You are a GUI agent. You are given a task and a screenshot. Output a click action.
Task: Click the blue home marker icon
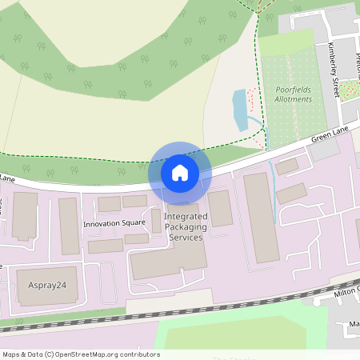pyautogui.click(x=180, y=172)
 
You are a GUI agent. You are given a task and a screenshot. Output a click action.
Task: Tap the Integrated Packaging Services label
pyautogui.click(x=186, y=227)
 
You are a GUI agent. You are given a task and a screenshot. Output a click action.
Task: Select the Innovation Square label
pyautogui.click(x=114, y=224)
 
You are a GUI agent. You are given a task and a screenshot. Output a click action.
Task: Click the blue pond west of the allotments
pyautogui.click(x=240, y=110)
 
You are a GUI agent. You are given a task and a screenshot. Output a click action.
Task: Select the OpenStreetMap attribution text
pyautogui.click(x=81, y=354)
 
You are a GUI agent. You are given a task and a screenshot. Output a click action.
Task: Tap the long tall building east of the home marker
pyautogui.click(x=261, y=216)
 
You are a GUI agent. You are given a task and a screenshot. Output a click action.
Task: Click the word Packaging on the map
pyautogui.click(x=186, y=227)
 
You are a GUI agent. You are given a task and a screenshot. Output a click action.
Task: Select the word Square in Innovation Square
pyautogui.click(x=132, y=224)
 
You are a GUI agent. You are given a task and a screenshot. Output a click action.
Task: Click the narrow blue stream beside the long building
pyautogui.click(x=274, y=200)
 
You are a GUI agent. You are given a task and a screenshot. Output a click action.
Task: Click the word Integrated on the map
pyautogui.click(x=186, y=217)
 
